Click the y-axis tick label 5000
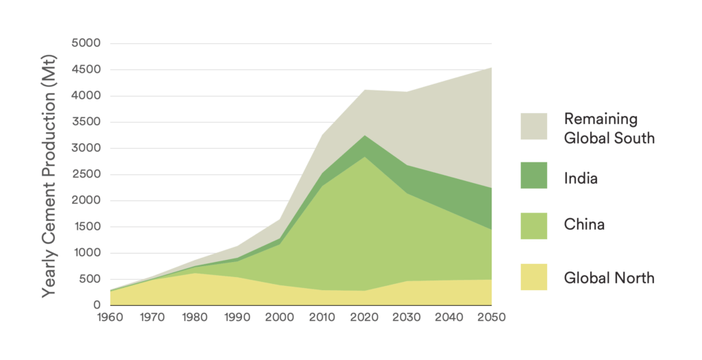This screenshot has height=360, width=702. coord(86,43)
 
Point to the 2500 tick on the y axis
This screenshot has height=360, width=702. coord(86,174)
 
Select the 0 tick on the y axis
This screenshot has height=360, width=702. coord(96,305)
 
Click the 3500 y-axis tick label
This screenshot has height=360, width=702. coord(86,122)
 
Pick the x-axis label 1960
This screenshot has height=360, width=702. coord(109,318)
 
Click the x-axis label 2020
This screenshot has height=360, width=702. coord(364,318)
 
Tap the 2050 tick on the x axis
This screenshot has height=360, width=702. coord(492,318)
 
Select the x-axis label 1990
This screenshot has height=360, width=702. coord(237,318)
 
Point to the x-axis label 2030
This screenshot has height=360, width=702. coord(407,318)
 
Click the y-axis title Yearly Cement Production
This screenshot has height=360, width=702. coord(51,174)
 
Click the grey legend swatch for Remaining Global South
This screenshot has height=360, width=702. coord(533,127)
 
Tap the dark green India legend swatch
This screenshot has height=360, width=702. coord(533,176)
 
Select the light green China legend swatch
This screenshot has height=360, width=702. coord(533,226)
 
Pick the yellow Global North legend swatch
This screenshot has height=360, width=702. coord(533,277)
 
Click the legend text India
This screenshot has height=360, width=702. coord(581,179)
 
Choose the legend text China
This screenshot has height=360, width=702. coord(584,224)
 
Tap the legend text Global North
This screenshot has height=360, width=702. coord(609,278)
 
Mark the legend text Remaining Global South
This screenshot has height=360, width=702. coord(609,128)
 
